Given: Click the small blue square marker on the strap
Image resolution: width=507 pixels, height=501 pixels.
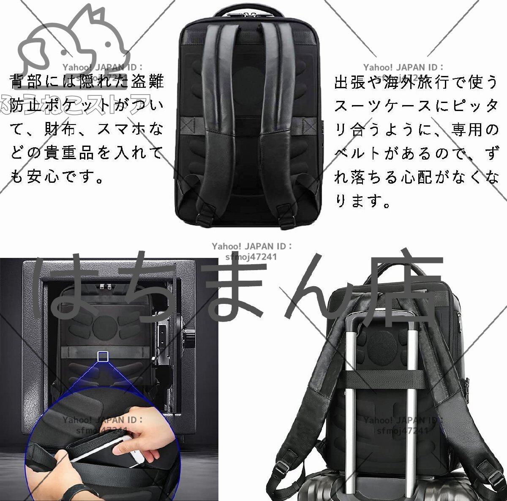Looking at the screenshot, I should (x=103, y=356).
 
